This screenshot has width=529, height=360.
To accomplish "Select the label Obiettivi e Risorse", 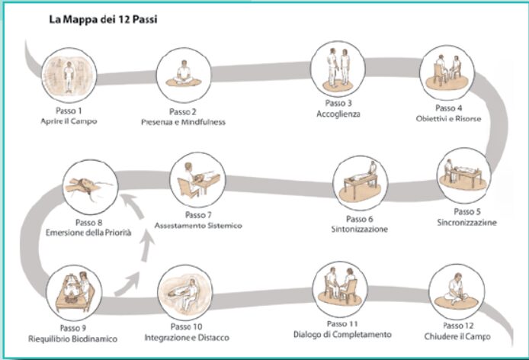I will pyautogui.click(x=449, y=119).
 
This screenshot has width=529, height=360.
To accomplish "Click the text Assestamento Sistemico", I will pyautogui.click(x=197, y=226).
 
